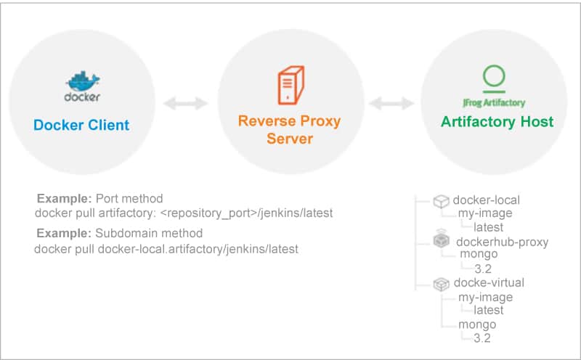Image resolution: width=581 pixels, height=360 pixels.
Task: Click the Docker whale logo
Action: click(81, 81)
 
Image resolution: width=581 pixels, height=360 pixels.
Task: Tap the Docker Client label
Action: click(81, 125)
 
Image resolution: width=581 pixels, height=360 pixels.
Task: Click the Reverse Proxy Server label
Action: click(289, 129)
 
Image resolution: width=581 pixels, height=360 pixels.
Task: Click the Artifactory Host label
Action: click(496, 122)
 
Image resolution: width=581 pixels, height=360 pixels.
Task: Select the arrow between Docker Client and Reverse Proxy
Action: click(186, 104)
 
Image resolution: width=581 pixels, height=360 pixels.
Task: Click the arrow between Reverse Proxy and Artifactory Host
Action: click(392, 104)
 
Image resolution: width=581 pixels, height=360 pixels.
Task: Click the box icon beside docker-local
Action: click(440, 200)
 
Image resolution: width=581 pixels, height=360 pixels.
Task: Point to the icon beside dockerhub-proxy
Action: click(441, 241)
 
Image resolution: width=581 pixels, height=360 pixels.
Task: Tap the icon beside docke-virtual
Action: click(440, 283)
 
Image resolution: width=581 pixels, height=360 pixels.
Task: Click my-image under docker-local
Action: click(485, 213)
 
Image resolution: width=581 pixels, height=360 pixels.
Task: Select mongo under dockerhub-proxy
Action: click(479, 255)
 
